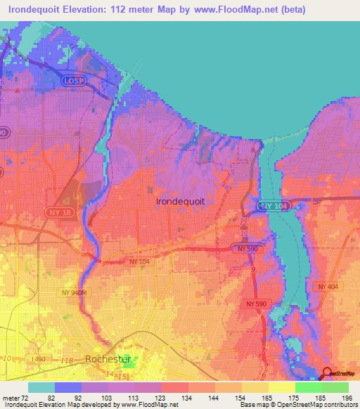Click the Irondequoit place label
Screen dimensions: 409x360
180,201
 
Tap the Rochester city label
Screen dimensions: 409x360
108,359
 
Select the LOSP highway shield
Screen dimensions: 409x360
72,81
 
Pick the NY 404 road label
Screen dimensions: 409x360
328,287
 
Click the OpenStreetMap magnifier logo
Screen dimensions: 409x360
327,373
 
